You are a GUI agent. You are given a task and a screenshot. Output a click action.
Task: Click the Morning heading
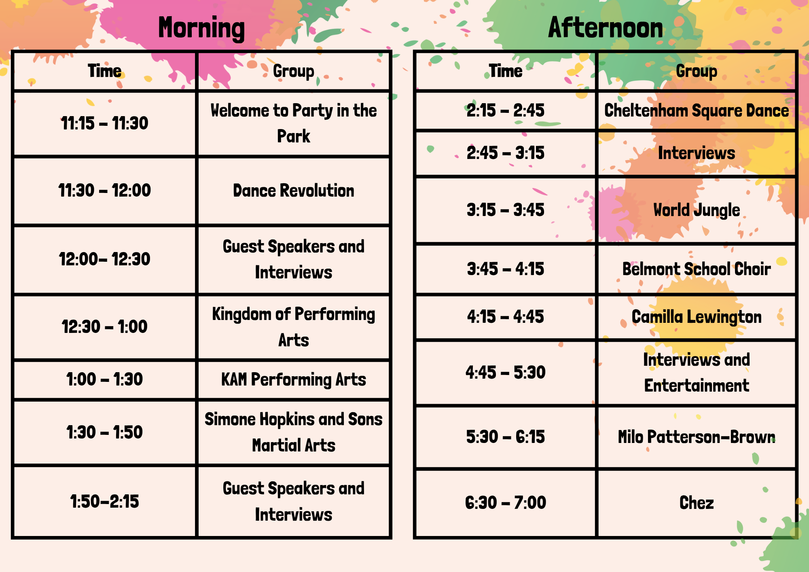tap(201, 28)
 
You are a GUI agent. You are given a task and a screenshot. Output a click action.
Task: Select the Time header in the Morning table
tap(105, 71)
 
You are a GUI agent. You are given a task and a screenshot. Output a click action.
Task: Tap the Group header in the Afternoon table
tap(697, 72)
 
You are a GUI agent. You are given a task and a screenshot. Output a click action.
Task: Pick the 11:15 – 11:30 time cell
tap(105, 123)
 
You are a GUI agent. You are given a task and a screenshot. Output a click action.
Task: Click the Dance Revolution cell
tap(294, 191)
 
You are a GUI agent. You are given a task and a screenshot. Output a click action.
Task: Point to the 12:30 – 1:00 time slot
tap(105, 326)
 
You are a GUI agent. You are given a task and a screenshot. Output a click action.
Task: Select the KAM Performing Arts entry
tap(294, 380)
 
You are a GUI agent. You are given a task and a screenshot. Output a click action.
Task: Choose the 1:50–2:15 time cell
tap(105, 502)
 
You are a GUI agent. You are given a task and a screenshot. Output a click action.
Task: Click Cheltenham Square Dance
tap(697, 111)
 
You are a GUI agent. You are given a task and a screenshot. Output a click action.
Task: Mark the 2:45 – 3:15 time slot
tap(506, 153)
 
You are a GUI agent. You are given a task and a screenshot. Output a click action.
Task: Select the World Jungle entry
tap(697, 210)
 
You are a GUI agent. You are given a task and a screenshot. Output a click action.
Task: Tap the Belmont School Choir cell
tap(697, 269)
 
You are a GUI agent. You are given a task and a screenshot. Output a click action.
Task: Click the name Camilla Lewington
tap(697, 317)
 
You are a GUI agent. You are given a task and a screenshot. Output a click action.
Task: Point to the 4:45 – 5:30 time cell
tap(506, 372)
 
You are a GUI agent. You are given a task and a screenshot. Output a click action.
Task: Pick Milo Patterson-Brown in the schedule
tap(697, 437)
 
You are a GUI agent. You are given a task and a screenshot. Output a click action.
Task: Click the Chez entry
tap(697, 502)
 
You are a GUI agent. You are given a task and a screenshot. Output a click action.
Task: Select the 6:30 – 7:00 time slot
tap(506, 502)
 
